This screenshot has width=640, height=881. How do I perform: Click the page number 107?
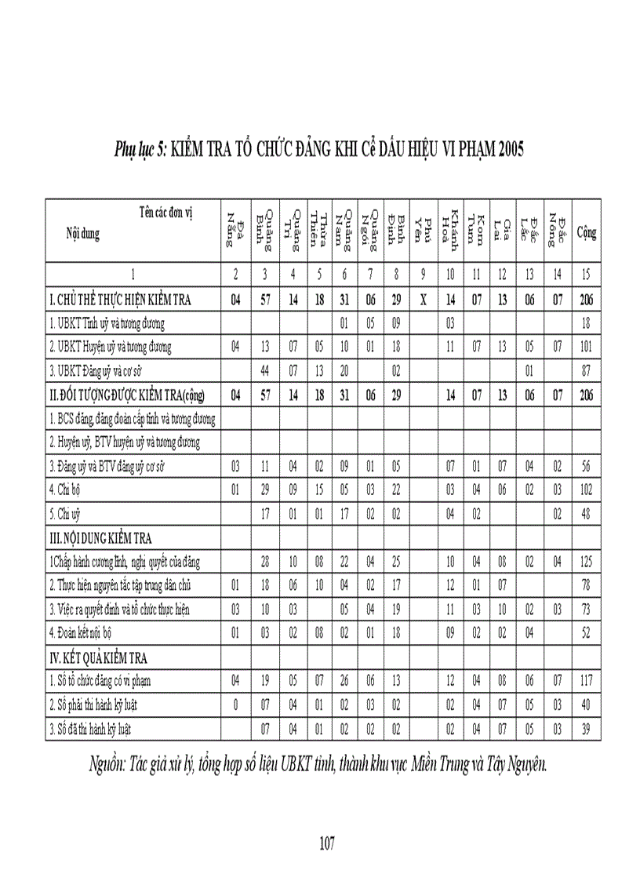click(328, 843)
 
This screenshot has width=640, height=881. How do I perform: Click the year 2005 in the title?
click(507, 150)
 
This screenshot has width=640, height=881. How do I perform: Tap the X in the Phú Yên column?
click(424, 299)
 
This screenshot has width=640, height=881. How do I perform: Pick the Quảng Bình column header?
click(265, 228)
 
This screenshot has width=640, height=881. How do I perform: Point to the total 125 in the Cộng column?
click(586, 562)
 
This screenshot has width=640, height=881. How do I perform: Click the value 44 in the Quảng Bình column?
click(265, 370)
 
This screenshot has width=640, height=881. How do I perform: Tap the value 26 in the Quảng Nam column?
click(344, 680)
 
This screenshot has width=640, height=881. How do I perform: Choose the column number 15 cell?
click(586, 275)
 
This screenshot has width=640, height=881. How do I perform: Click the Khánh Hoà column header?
click(450, 228)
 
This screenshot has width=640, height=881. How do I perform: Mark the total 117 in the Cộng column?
click(586, 680)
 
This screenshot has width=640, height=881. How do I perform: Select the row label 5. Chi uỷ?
click(67, 515)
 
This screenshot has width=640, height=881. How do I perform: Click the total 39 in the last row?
click(586, 729)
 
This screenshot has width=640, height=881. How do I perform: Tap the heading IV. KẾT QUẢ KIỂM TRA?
click(99, 657)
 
